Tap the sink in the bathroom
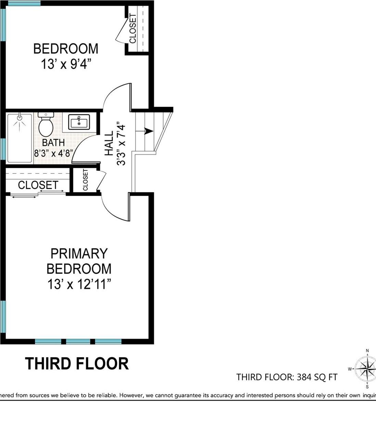tap(79, 122)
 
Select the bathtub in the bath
tap(20, 138)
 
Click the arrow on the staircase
tap(148, 131)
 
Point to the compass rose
tap(367, 369)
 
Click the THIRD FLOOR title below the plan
tap(77, 364)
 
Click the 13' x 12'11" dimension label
tap(79, 284)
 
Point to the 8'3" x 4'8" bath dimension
tap(53, 153)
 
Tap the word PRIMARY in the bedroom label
tap(79, 254)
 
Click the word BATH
tap(53, 142)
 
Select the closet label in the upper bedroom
tap(133, 28)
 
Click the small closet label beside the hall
tap(85, 180)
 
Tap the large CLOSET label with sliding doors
tap(38, 185)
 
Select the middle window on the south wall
tap(78, 341)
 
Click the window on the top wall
tap(23, 3)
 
